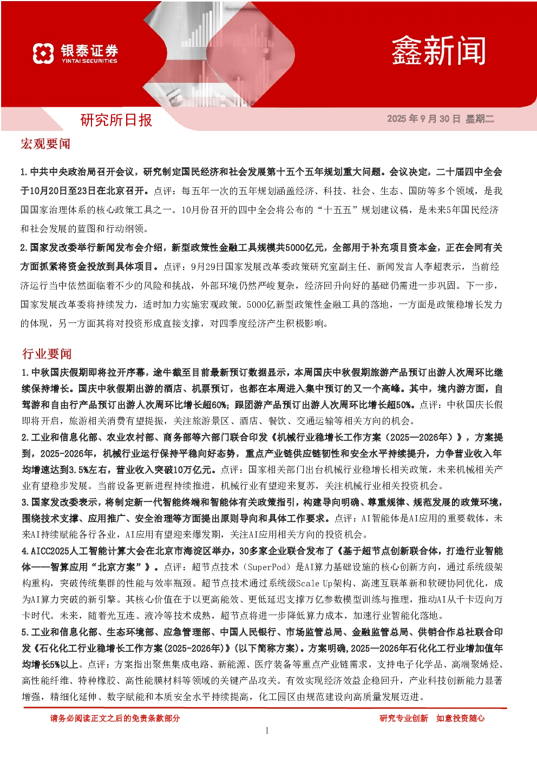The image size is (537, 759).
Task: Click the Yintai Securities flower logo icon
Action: click(x=43, y=54)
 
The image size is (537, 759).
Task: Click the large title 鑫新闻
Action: click(x=439, y=51)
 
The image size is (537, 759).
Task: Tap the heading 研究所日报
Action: click(x=116, y=120)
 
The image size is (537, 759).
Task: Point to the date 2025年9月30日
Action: click(x=424, y=118)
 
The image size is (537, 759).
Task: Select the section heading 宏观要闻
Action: click(x=45, y=144)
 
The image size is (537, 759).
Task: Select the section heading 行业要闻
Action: click(x=47, y=354)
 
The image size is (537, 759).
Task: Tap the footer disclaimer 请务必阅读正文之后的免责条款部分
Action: click(x=115, y=718)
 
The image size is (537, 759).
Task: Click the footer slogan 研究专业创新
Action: click(x=404, y=718)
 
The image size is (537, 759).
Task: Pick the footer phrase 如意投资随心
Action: click(x=460, y=718)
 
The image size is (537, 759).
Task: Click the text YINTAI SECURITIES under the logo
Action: click(x=89, y=61)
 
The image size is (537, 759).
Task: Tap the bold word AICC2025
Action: click(x=50, y=551)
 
